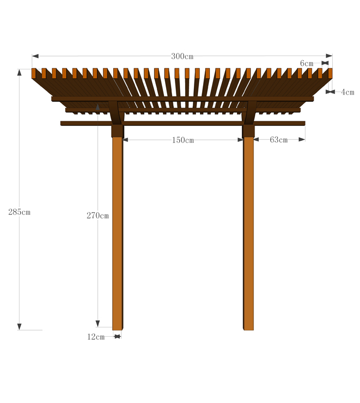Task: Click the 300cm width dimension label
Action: coord(182,57)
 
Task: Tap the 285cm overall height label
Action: coord(20,212)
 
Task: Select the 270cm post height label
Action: coord(98,215)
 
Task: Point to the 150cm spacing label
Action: coord(183,140)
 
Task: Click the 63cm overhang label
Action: coord(279,140)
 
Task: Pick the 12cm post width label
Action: coord(96,337)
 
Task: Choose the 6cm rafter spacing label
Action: coord(307,63)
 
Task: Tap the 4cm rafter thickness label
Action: coord(348,92)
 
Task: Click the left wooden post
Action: coord(117,233)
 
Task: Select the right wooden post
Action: coord(248,233)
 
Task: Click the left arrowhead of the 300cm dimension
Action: coord(35,56)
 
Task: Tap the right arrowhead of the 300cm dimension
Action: coord(329,56)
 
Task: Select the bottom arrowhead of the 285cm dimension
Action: coord(20,327)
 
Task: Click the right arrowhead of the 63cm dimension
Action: coord(302,139)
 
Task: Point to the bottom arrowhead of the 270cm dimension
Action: coord(98,324)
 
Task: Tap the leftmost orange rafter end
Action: coord(33,73)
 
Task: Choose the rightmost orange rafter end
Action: coord(330,73)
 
